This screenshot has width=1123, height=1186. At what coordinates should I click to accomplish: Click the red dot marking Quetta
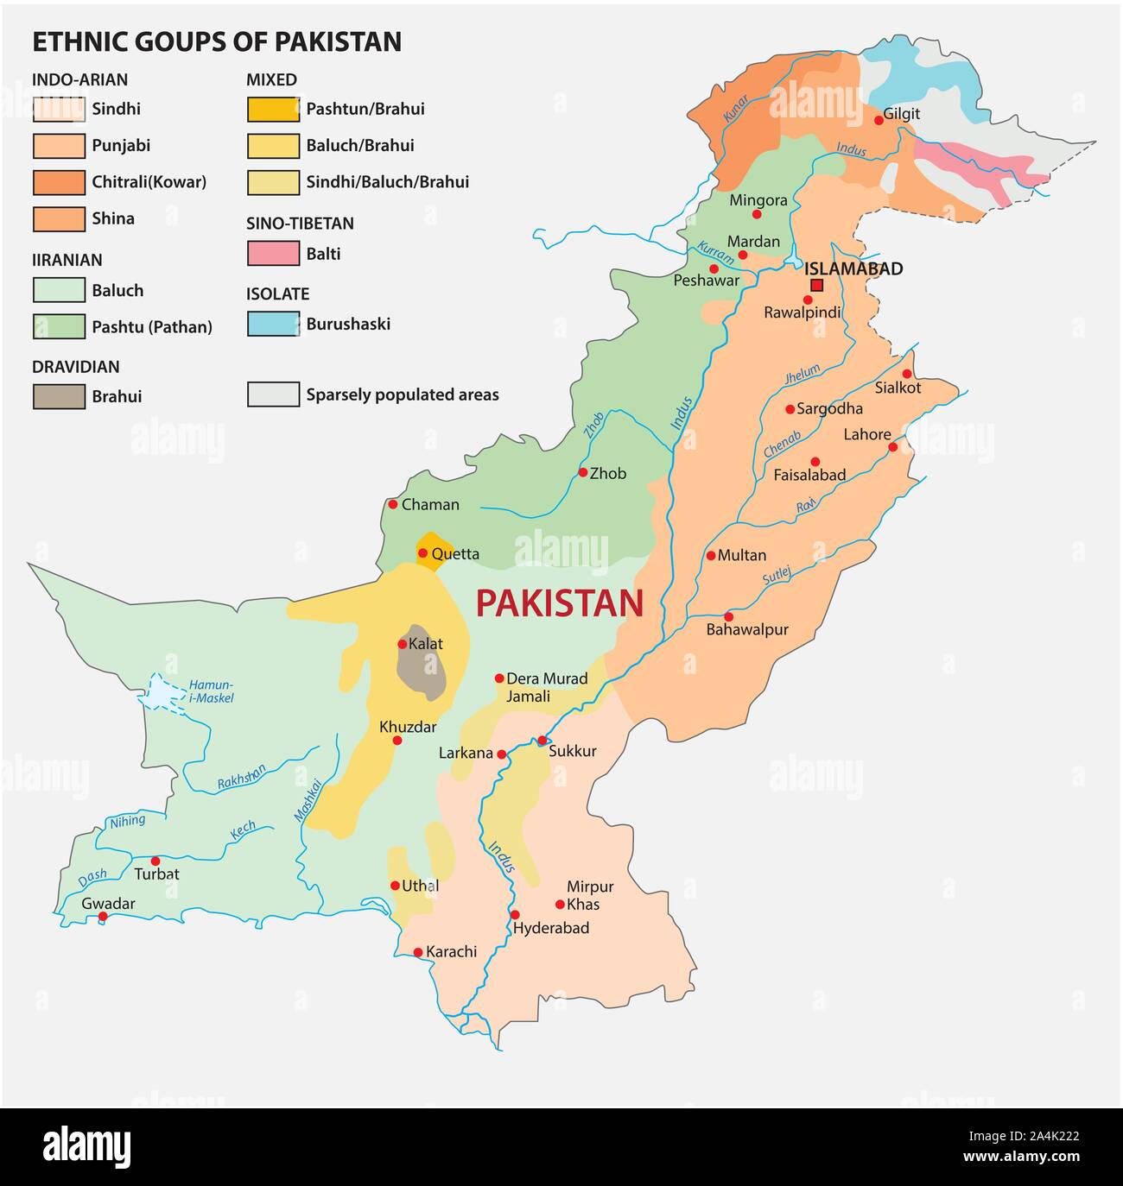422,553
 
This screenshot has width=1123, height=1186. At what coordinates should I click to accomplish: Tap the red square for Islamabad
816,286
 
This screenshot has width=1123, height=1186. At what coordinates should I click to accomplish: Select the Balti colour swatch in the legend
273,254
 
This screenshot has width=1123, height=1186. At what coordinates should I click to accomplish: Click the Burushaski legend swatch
273,325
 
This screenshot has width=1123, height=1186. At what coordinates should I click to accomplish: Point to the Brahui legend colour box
59,397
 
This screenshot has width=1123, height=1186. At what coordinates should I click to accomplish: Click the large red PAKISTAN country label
559,602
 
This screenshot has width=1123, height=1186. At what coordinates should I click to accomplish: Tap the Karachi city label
451,952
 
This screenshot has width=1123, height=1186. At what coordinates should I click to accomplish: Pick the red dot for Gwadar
103,917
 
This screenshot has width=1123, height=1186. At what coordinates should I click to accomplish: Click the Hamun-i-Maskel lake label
211,691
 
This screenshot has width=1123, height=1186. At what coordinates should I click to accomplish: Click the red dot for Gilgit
879,120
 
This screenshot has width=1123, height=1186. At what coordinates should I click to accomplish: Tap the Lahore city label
866,434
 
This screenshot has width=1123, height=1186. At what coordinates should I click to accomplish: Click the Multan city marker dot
711,556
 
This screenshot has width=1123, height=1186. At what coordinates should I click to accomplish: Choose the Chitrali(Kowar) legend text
149,182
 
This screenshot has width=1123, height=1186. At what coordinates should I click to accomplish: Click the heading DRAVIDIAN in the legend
76,367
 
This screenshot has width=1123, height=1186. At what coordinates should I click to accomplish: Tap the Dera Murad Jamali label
546,687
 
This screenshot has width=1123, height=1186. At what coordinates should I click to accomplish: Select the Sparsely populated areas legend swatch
273,394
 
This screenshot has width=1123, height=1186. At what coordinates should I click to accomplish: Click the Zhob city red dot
583,472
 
